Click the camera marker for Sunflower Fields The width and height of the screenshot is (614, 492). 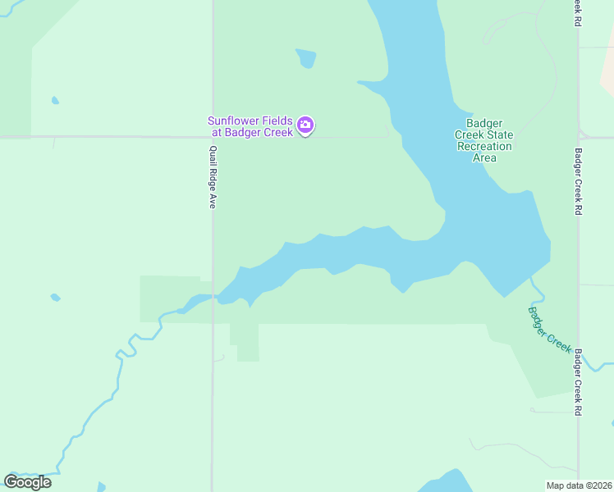pos(305,125)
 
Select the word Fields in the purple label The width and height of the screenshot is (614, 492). pos(277,121)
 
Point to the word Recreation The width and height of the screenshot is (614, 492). pos(484,146)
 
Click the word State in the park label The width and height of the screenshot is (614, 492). pos(501,134)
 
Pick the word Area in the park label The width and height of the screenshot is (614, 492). pos(484,157)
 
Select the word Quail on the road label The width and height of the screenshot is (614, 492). pos(212,155)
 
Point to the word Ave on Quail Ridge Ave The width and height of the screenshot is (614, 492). pos(212,200)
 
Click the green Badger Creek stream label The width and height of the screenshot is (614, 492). pos(548,328)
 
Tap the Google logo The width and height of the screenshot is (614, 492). pos(27,481)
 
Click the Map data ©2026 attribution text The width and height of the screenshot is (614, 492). pos(579,485)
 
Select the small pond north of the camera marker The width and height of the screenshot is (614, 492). pos(305,57)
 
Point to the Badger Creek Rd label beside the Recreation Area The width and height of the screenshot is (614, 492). pos(578,181)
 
